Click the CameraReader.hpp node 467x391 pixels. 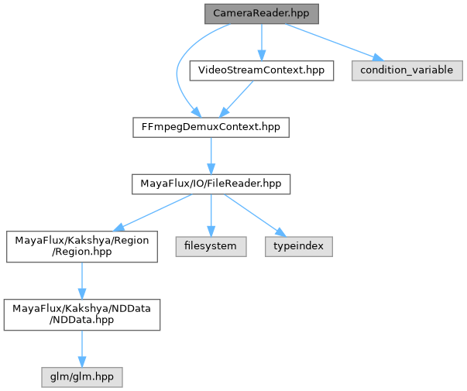262,14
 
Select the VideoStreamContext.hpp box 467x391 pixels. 262,70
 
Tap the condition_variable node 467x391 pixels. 407,70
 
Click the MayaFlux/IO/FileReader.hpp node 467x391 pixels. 211,185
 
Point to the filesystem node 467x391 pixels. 211,246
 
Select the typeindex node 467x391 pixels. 301,246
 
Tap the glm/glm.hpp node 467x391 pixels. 81,377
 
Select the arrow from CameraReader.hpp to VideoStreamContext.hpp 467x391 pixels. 262,42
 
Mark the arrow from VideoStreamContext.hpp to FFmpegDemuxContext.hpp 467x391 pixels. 236,99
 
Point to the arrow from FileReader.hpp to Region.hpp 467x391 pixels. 152,212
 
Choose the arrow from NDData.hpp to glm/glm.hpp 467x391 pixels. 81,349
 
